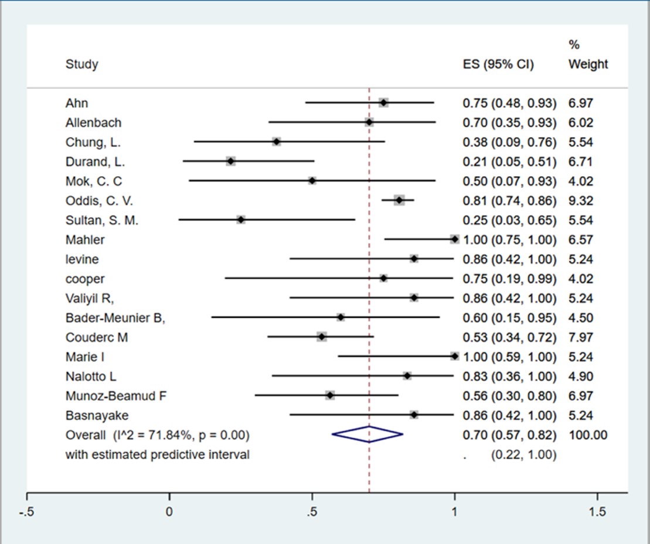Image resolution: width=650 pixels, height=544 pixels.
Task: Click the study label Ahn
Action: pos(77,103)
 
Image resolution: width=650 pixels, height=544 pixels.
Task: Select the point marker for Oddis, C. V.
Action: pos(399,200)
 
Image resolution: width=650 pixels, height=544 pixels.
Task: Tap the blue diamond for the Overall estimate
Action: pos(367,434)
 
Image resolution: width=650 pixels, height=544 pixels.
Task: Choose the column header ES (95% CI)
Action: pos(498,64)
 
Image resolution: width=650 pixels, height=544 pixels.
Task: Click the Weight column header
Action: pos(588,64)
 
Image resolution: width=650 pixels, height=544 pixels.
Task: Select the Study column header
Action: pos(81,64)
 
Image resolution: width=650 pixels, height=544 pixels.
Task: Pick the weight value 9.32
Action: pos(580,201)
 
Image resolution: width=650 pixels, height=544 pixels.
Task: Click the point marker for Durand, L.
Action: pos(230,161)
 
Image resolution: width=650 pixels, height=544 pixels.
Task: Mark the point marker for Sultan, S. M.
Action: pos(241,220)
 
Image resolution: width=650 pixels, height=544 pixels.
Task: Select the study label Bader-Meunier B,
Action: pos(115,318)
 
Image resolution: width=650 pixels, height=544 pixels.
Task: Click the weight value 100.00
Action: pos(587,435)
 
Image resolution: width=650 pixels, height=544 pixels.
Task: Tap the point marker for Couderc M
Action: pos(321,337)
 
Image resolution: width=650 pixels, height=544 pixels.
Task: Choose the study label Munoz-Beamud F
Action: pos(116,396)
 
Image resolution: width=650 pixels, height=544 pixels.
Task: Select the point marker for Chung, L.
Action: pos(277,142)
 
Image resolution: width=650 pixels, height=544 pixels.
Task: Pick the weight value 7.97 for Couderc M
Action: pos(580,337)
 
